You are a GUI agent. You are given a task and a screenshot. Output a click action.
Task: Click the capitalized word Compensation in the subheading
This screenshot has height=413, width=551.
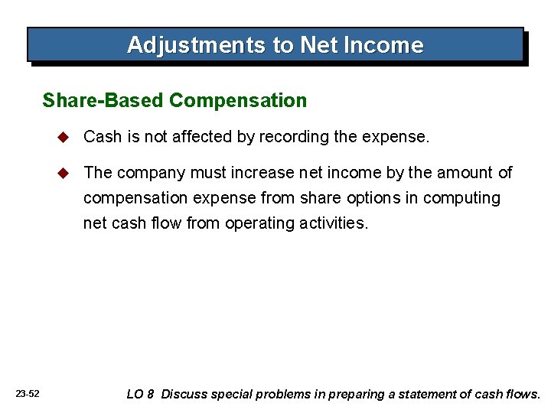237,100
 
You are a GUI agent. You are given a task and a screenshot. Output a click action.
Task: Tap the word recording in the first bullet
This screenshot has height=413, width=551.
292,137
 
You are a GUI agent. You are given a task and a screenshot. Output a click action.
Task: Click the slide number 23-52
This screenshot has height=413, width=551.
28,394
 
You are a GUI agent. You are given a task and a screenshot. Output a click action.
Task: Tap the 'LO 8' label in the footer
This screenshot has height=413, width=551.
140,395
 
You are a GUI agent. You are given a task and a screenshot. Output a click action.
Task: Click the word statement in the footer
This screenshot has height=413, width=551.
440,395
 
